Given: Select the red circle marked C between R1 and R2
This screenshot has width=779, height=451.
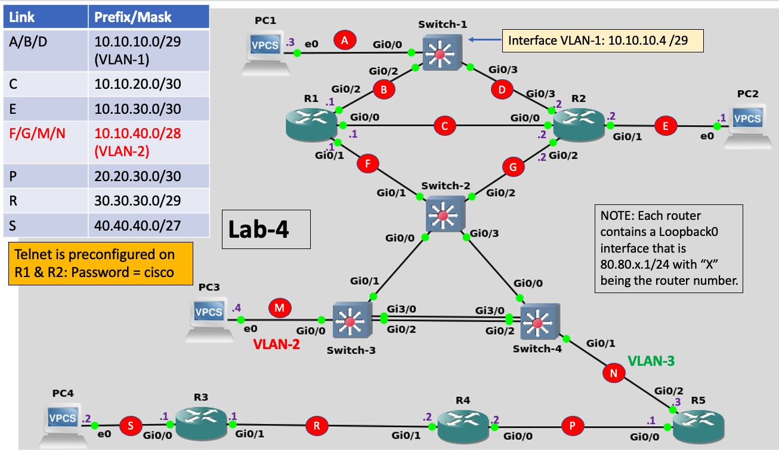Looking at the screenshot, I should (x=444, y=126).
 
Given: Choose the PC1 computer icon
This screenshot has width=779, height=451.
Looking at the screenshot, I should (x=265, y=52).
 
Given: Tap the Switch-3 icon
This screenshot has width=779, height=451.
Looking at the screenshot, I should (x=350, y=322).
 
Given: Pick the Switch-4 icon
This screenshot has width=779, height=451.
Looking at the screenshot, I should (x=538, y=322).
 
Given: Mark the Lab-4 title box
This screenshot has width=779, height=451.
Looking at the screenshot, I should (x=265, y=229).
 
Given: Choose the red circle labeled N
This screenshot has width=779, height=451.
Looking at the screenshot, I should (x=614, y=373).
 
